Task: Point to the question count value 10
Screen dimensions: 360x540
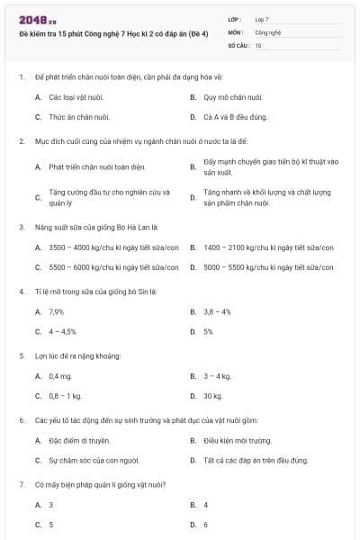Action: [258, 44]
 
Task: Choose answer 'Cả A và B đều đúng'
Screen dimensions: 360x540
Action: [235, 117]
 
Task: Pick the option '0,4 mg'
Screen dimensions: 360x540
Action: [60, 376]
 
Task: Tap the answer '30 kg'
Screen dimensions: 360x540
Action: [212, 396]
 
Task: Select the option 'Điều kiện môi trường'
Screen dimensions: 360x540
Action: [237, 441]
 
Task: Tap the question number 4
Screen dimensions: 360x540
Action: [21, 291]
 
